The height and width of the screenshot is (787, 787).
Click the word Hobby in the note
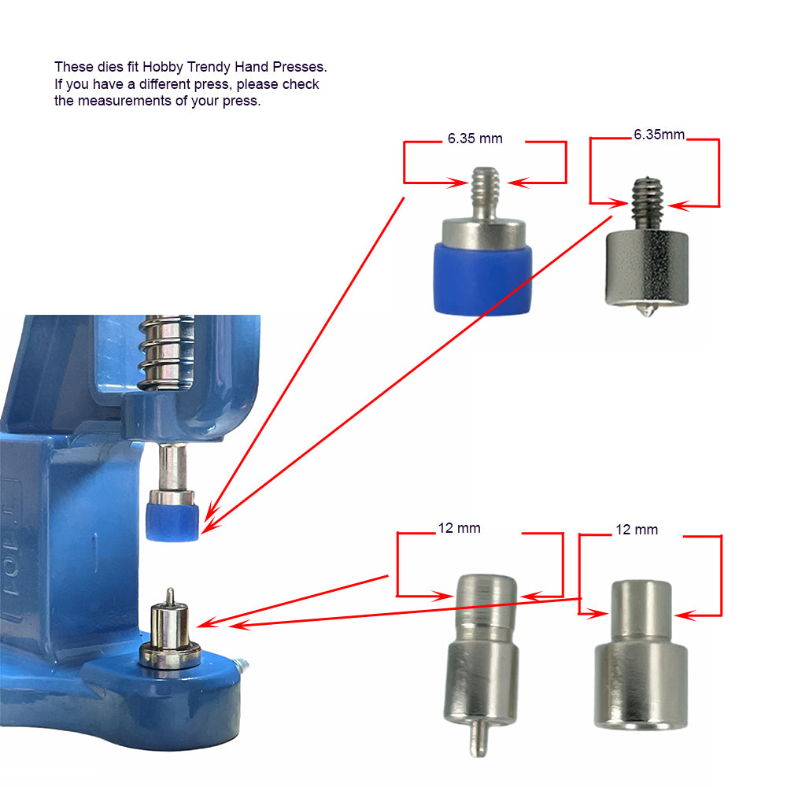[163, 67]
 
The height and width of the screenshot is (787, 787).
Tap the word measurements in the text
[124, 101]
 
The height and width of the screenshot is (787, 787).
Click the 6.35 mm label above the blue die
[475, 139]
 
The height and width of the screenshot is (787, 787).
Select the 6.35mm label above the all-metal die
[659, 135]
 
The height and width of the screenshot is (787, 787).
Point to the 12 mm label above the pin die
[460, 528]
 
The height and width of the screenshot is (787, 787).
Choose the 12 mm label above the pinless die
[637, 530]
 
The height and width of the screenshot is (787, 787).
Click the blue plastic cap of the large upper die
[482, 279]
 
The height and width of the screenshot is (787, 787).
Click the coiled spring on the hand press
[166, 353]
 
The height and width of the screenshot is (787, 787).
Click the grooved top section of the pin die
[486, 602]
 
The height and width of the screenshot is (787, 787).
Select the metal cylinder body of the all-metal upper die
[647, 267]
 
